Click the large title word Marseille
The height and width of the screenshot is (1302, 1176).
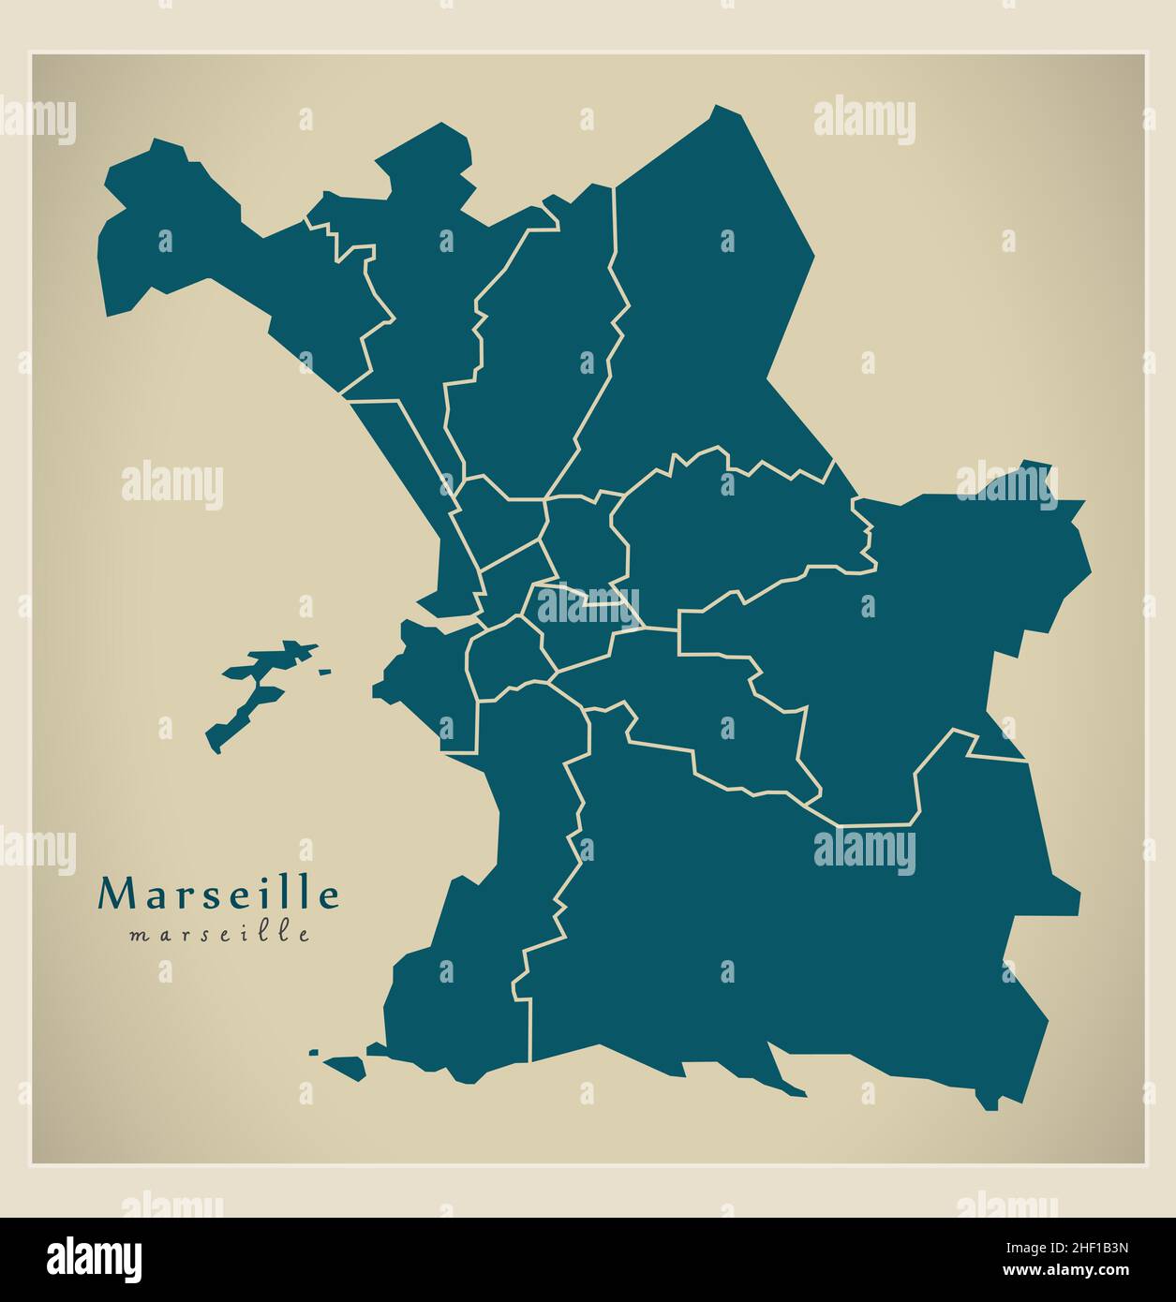tap(218, 895)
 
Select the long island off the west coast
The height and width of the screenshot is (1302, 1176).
tap(258, 688)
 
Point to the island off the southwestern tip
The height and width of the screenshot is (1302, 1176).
tap(345, 1066)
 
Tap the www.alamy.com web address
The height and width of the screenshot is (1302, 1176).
tap(1060, 1271)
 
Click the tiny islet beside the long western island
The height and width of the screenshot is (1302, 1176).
tap(324, 671)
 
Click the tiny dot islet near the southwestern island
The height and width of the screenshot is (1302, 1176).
tap(313, 1052)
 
